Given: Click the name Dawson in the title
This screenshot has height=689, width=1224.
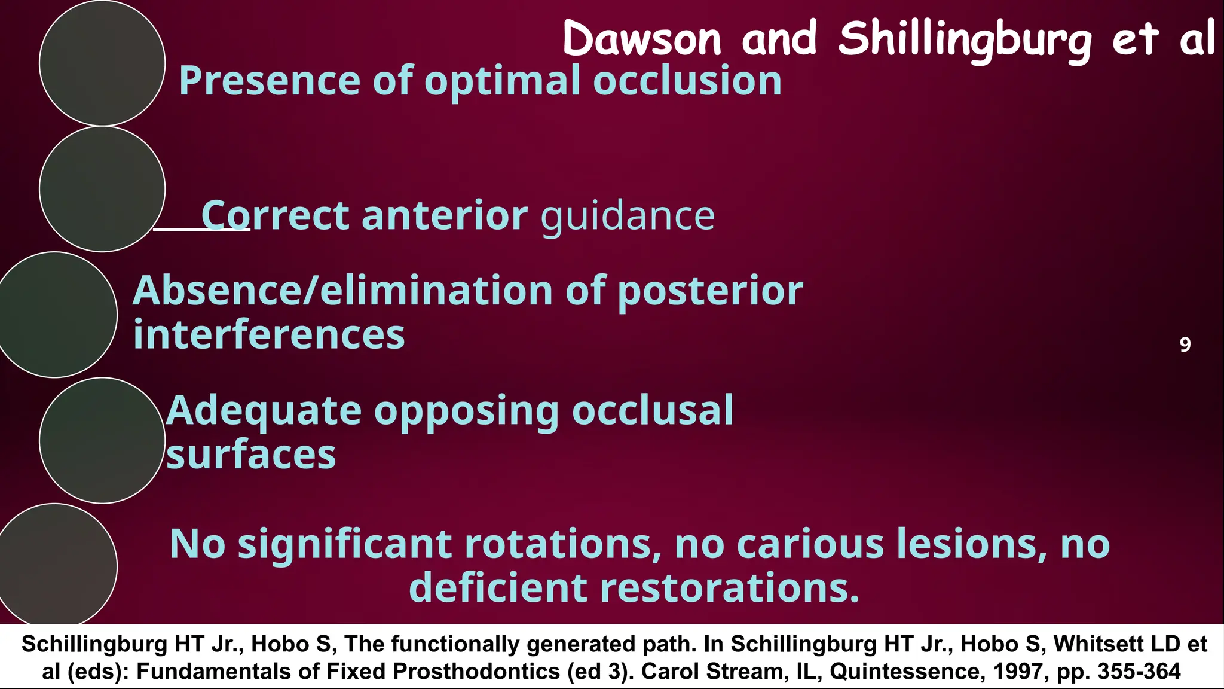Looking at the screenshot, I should [642, 39].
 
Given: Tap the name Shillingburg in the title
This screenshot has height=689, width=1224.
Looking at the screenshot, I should [965, 39].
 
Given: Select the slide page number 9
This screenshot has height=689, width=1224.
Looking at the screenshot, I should [1185, 344].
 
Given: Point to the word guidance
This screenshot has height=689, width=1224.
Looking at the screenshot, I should [628, 217].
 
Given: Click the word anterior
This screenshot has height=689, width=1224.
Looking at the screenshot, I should [445, 215].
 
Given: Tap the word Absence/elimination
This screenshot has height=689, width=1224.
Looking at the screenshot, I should [342, 291].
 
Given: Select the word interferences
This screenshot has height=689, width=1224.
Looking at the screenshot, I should [269, 335].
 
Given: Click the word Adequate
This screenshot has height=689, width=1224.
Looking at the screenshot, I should [264, 411].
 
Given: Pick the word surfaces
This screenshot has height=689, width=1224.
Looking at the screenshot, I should [251, 456].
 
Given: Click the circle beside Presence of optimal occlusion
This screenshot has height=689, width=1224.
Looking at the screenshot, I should [102, 63].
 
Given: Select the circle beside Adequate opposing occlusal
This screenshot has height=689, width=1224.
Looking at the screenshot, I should [102, 440].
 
